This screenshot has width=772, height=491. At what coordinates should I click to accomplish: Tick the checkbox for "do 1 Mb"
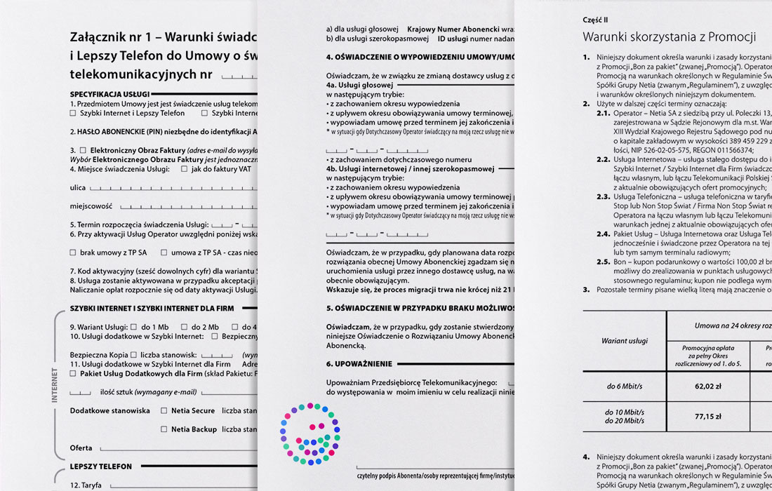tap(134, 327)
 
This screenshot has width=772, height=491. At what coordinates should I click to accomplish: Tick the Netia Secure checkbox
tap(164, 410)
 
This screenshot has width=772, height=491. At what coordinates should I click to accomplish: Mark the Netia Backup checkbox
tap(164, 429)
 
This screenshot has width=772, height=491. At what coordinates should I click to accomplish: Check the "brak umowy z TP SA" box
tap(73, 252)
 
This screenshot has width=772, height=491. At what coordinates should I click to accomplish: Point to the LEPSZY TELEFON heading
tap(100, 466)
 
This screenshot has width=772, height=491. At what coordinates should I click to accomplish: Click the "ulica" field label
tap(78, 188)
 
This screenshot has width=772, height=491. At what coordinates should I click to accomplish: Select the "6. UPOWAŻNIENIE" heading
tap(359, 364)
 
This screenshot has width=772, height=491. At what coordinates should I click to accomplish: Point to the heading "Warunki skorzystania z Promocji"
tap(669, 36)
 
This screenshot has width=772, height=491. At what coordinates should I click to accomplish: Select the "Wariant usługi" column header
tap(624, 341)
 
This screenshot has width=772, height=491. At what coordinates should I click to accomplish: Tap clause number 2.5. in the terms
tap(604, 262)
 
